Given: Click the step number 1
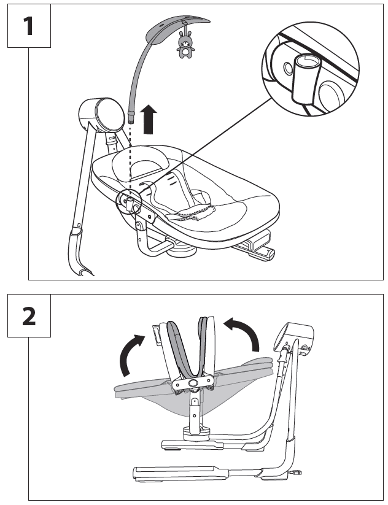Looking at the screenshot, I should (29, 27).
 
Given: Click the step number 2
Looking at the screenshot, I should (29, 315).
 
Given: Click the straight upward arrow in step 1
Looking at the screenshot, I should (148, 119).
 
